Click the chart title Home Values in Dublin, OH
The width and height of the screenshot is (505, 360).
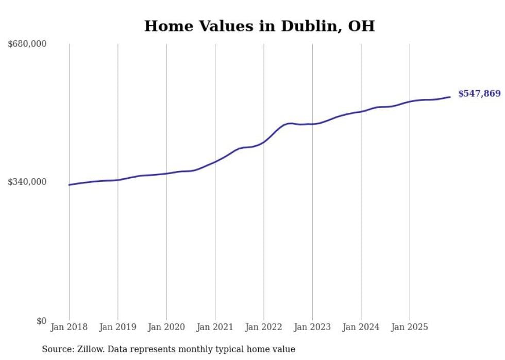coord(259,26)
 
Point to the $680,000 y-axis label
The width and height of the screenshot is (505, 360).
coord(27,44)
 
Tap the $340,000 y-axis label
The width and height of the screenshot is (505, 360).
coord(27,182)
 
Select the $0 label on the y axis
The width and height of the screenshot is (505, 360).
coord(41,321)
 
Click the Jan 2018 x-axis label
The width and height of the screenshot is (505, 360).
coord(69,327)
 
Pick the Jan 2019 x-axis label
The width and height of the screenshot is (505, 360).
coord(117,327)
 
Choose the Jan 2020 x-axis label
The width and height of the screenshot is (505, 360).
coord(166,327)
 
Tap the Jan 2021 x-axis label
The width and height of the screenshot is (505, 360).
coord(215,327)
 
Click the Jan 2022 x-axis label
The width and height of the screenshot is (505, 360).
coord(264,327)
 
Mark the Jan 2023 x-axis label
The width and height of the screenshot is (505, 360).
coord(312,327)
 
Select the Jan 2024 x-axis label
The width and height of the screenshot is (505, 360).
coord(361,327)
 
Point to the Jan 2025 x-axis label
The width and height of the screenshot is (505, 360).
coord(410,327)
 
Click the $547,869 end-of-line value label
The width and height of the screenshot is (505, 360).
coord(479,94)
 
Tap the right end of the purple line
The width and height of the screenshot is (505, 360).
coord(450,97)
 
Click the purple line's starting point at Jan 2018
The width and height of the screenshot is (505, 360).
coord(69,185)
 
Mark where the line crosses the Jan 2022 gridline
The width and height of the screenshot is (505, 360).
coord(264,142)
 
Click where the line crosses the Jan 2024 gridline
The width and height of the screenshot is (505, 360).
coord(361,111)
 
